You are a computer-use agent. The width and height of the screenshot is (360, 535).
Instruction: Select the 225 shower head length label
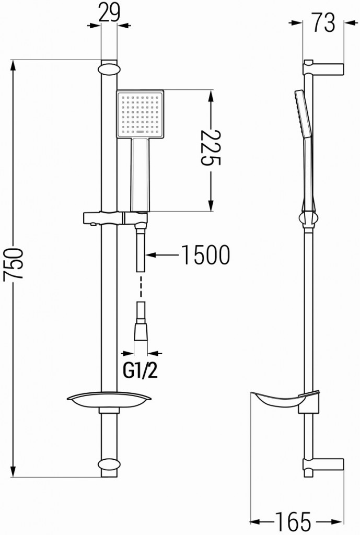[210, 152]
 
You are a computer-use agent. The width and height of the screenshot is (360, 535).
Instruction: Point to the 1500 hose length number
[205, 255]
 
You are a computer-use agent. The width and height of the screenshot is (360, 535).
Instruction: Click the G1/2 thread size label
[140, 371]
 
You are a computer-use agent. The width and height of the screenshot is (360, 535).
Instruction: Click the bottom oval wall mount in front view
[109, 465]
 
